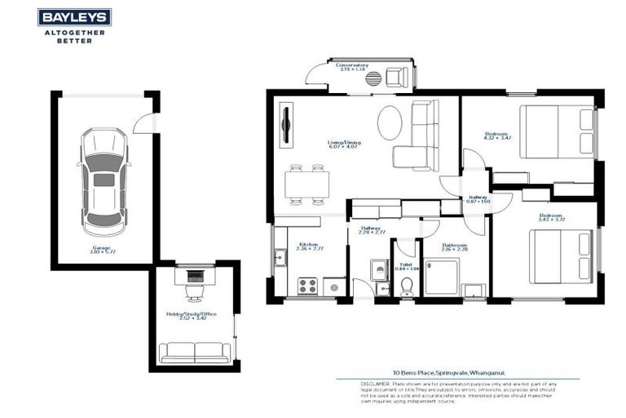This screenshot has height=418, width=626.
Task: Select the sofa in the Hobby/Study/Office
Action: coord(194,352)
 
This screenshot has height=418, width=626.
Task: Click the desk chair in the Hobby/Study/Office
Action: coord(193,291)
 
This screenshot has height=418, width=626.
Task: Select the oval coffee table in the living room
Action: coord(390,123)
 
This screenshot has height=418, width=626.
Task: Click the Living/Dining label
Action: coord(345,144)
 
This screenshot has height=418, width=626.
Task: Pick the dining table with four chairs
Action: coord(307,185)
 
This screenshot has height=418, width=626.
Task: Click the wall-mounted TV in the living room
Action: coord(285,125)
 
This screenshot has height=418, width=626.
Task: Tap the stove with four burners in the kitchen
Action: coord(307,286)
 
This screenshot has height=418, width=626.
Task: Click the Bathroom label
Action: coord(454,246)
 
